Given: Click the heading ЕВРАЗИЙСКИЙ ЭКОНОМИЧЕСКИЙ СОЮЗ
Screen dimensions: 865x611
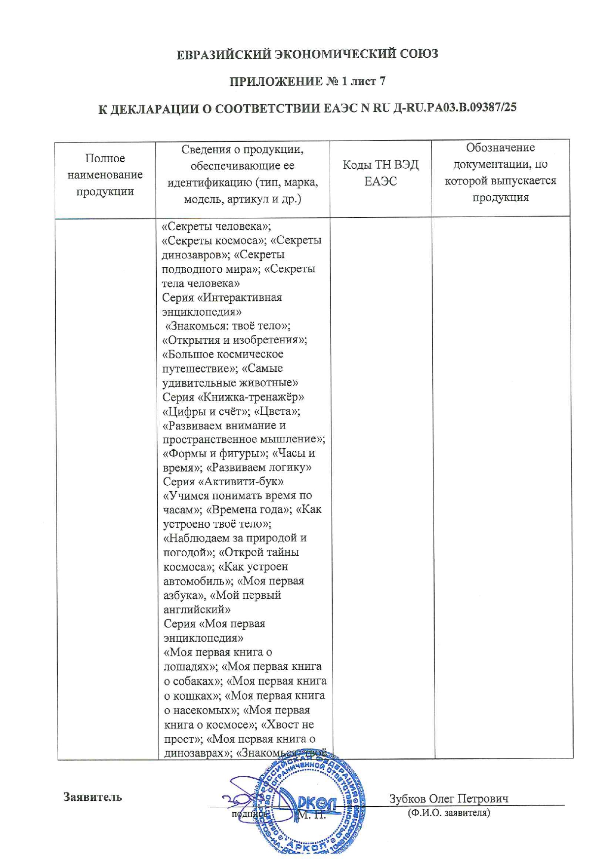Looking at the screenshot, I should (307, 54).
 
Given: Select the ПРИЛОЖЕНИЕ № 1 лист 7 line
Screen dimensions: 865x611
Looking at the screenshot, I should (307, 81).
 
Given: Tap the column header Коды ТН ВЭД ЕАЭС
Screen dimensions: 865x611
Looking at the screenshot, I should (380, 173).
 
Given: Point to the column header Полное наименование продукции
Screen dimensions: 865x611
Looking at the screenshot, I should (105, 175).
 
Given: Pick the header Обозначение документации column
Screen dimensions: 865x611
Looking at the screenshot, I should (500, 172).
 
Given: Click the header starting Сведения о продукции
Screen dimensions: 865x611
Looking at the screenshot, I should (242, 174).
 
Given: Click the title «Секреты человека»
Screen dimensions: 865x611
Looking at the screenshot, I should (216, 226).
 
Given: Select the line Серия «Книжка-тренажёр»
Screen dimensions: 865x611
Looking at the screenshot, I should (233, 397).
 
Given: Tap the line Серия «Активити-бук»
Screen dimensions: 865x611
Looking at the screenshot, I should (223, 481).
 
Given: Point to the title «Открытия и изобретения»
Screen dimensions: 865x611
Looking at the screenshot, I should (235, 340).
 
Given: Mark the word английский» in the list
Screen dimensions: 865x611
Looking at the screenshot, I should (197, 610).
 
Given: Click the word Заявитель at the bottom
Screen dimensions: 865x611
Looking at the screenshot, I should (92, 797).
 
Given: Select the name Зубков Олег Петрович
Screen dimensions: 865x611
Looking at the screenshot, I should (448, 798).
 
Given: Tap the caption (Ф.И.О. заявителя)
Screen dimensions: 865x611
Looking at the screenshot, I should (448, 812).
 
